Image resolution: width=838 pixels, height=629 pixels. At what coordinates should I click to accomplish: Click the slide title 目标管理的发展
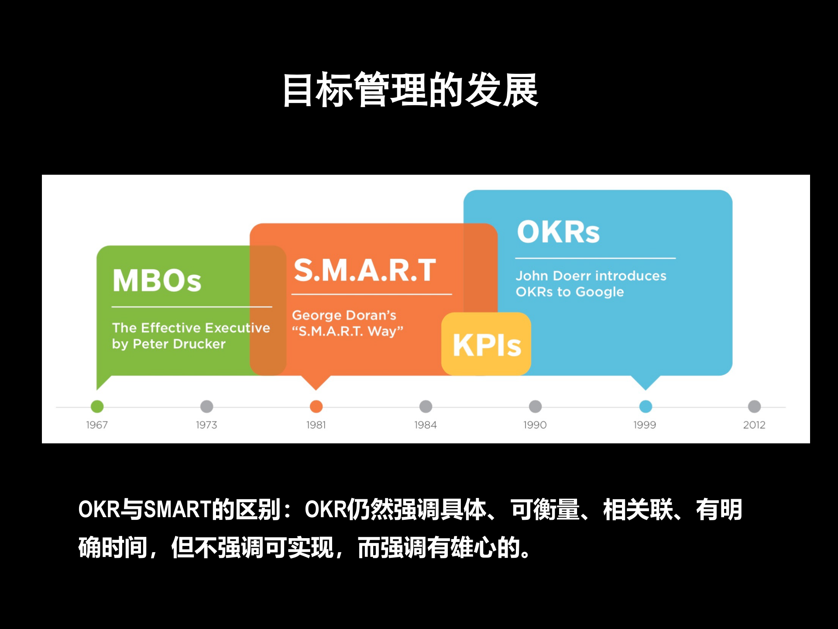[x=410, y=90]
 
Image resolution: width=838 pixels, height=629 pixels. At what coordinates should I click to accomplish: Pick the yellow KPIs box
[x=486, y=344]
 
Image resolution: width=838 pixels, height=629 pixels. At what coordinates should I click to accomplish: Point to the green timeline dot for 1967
[x=97, y=406]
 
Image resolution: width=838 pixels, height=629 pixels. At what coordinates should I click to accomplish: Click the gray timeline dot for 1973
[x=206, y=406]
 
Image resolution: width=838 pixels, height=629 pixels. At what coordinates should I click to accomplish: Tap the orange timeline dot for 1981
[x=316, y=406]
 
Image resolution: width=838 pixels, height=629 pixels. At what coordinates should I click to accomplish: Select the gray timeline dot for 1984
[x=426, y=406]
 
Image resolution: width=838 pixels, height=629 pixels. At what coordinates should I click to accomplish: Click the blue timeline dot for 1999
[x=646, y=406]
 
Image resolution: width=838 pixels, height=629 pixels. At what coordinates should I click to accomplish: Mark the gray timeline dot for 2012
[x=754, y=406]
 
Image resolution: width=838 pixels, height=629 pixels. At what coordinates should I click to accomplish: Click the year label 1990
[x=535, y=425]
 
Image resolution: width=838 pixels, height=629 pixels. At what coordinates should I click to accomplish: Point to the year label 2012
[x=754, y=425]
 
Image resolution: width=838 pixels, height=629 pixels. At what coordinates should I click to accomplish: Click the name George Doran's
[x=344, y=315]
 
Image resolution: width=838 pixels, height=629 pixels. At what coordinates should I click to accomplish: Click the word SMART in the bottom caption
[x=177, y=509]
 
